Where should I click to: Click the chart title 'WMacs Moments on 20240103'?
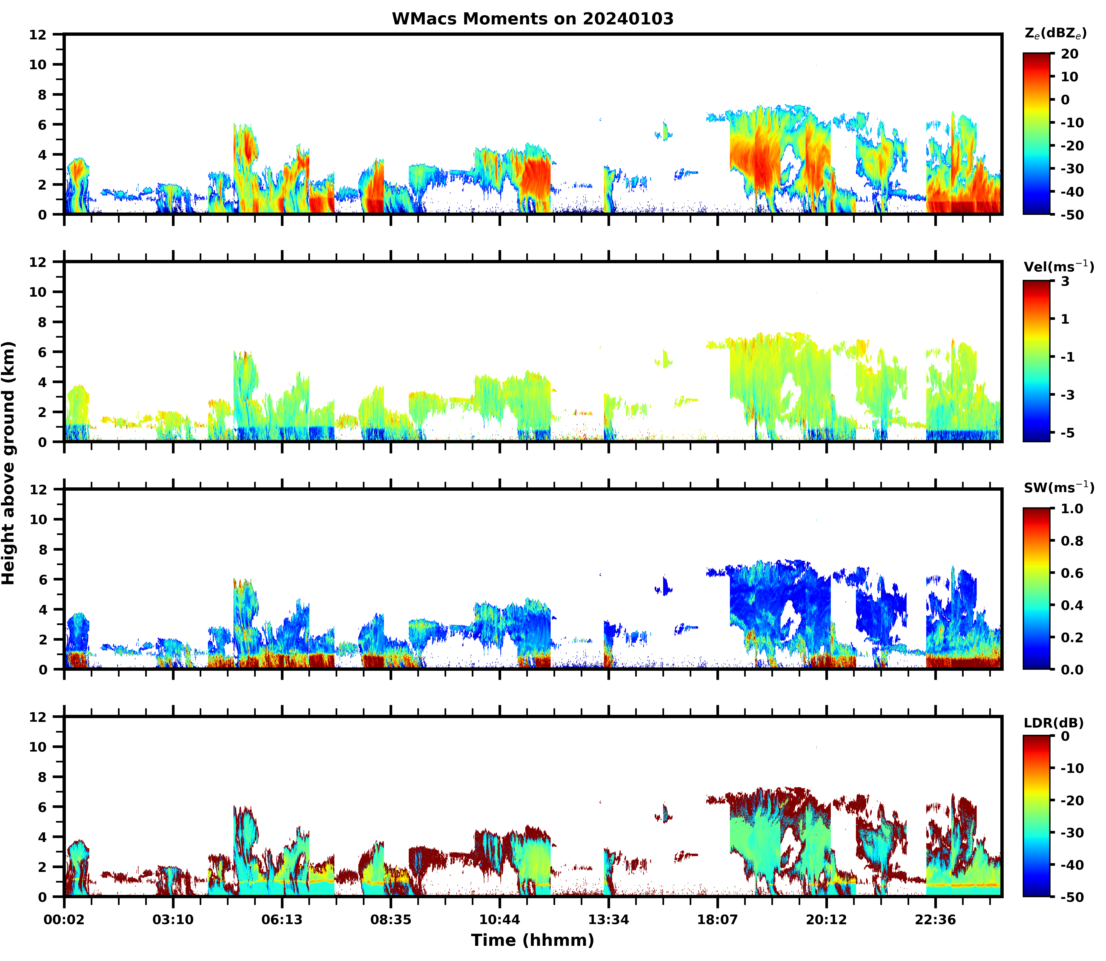pos(532,19)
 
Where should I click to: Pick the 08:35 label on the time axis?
pos(391,920)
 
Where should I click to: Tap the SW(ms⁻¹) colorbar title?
pos(1058,487)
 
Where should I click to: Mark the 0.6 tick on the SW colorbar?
pos(1072,573)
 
